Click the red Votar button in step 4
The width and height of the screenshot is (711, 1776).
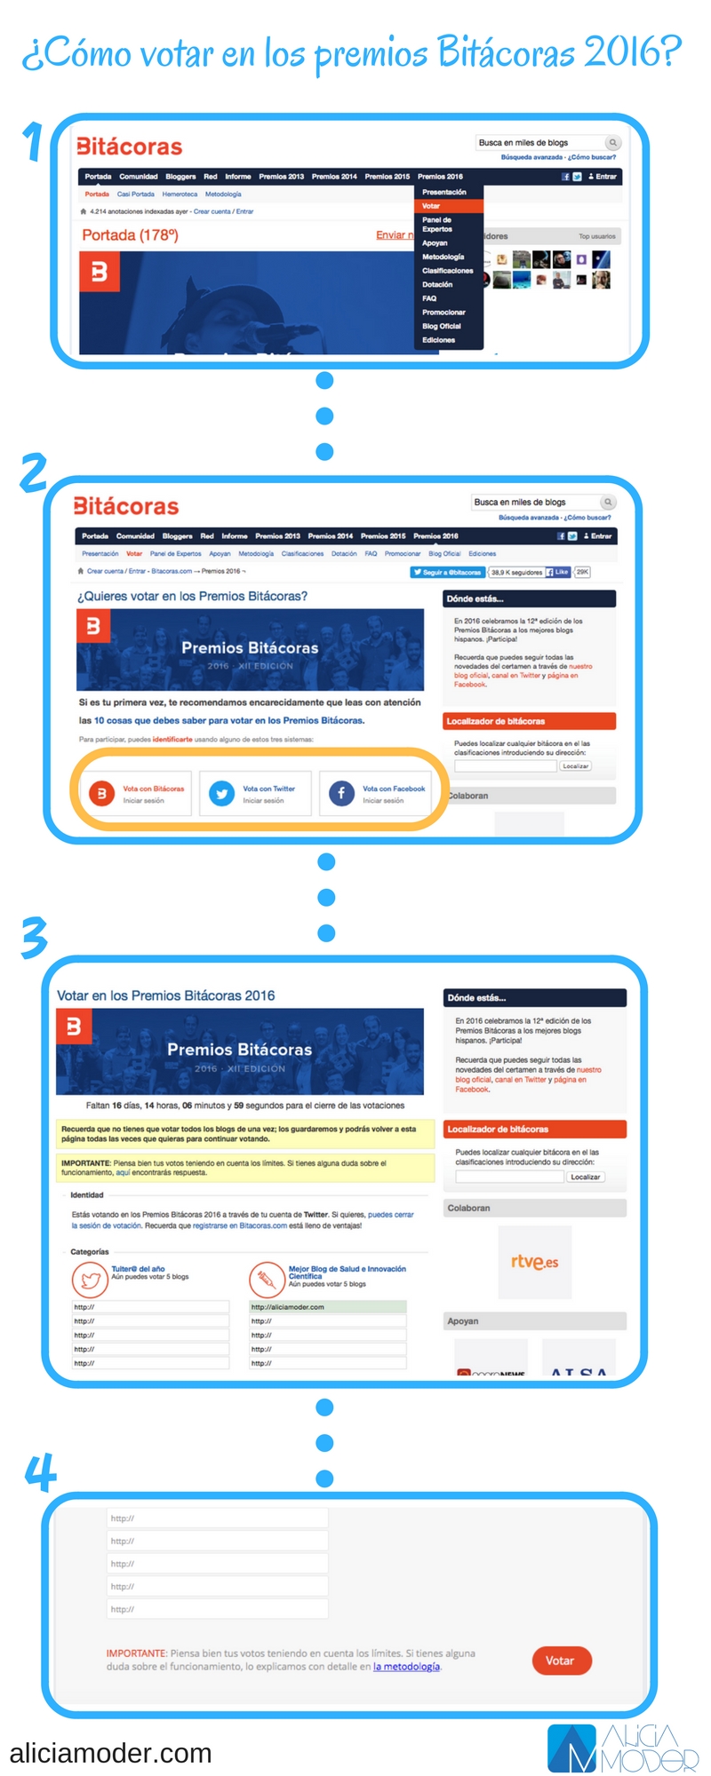click(562, 1660)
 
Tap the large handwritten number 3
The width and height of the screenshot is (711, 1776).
click(34, 938)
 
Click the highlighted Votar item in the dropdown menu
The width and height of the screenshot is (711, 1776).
click(448, 206)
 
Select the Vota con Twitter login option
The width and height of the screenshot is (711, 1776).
click(256, 793)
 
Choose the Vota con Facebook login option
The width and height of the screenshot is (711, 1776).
click(376, 793)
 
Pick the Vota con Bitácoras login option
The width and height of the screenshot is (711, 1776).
click(136, 793)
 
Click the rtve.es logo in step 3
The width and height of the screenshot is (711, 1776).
click(534, 1262)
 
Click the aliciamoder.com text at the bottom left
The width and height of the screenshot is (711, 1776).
click(111, 1753)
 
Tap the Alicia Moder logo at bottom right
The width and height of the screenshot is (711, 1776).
click(622, 1748)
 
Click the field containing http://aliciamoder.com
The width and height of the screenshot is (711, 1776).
click(327, 1307)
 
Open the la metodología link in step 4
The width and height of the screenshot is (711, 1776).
click(406, 1667)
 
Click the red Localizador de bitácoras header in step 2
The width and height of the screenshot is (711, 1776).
click(529, 721)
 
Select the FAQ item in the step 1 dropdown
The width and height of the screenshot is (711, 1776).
click(430, 298)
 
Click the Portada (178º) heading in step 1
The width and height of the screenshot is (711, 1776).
click(130, 235)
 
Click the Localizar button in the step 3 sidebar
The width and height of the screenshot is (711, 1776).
click(586, 1177)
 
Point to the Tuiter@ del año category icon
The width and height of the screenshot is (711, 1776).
click(90, 1280)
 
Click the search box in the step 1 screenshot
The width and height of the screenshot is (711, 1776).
click(540, 143)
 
